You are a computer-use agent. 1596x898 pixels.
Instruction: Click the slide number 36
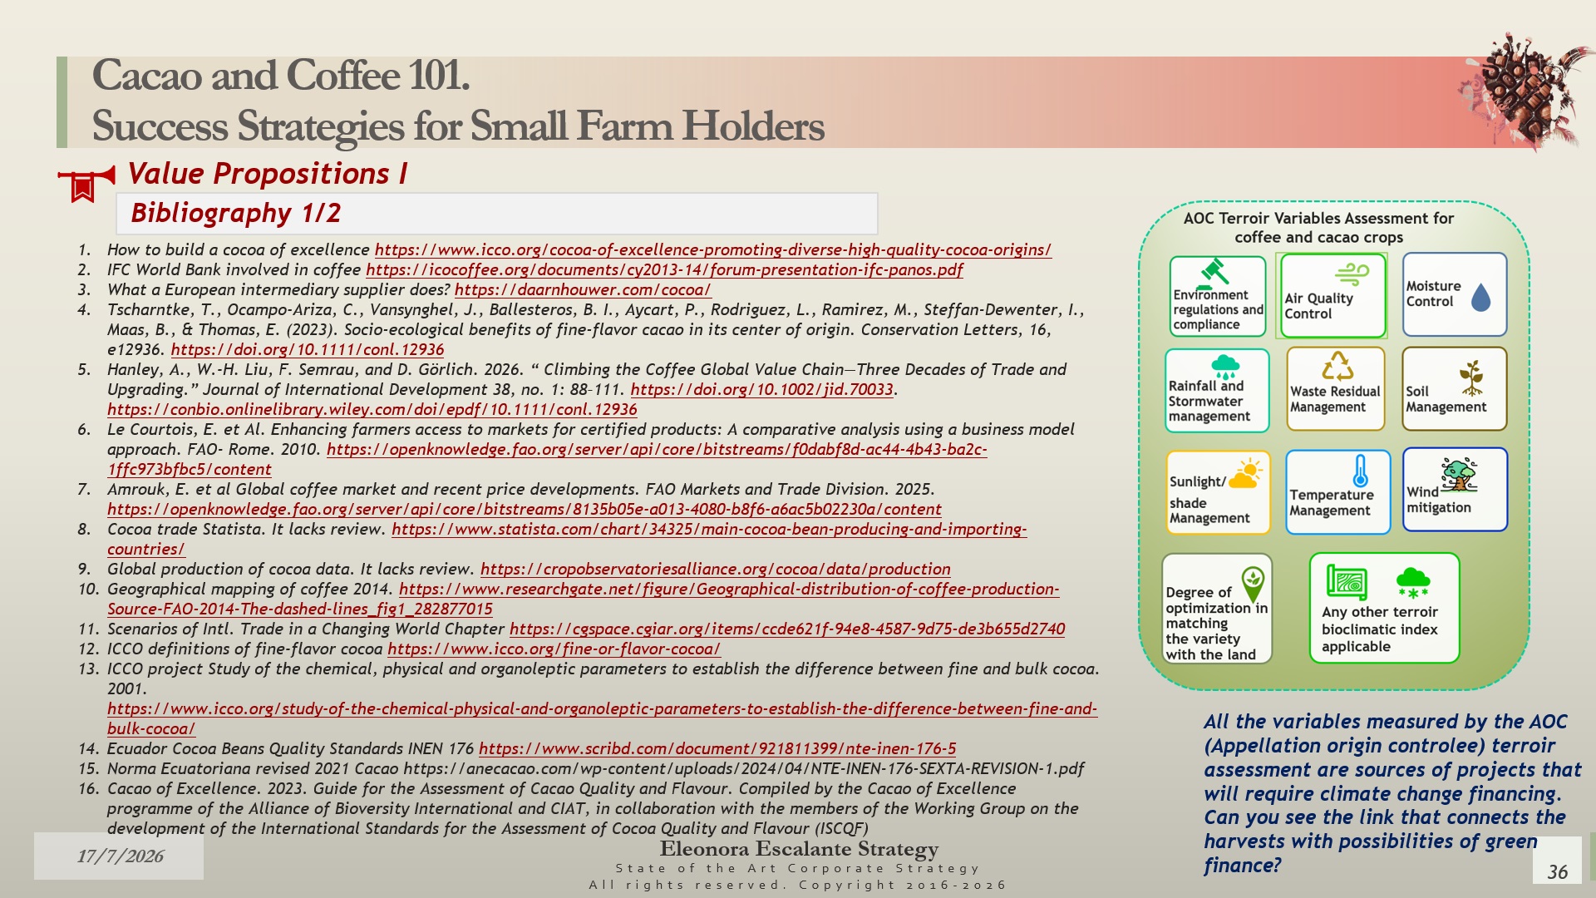click(1557, 871)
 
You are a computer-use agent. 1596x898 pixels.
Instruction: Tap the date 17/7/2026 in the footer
click(120, 856)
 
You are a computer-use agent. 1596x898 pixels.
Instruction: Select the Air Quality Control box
click(1332, 295)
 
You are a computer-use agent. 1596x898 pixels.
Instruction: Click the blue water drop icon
click(1480, 297)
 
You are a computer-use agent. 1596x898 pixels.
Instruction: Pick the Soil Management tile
click(1454, 389)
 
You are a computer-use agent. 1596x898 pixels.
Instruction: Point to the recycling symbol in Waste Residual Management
click(1337, 366)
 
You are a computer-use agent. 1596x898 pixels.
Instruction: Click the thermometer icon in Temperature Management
click(1360, 471)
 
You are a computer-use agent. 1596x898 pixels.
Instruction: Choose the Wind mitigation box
click(1455, 490)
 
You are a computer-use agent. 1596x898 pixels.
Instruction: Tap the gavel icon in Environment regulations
click(1214, 272)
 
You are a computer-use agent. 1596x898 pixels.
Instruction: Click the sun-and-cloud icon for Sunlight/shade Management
click(1245, 473)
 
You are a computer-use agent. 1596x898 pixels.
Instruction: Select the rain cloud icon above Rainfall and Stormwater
click(1225, 367)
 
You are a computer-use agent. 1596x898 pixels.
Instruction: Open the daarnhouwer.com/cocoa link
click(583, 289)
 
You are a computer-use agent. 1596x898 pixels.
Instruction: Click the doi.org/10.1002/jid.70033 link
click(761, 389)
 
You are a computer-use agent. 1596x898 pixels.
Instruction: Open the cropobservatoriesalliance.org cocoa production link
click(715, 569)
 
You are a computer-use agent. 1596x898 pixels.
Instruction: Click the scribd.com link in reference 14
click(717, 748)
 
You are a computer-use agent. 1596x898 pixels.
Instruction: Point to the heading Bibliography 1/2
click(236, 213)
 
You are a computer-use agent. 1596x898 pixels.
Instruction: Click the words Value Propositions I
click(268, 173)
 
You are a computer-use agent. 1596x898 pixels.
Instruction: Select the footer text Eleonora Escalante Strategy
click(799, 849)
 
